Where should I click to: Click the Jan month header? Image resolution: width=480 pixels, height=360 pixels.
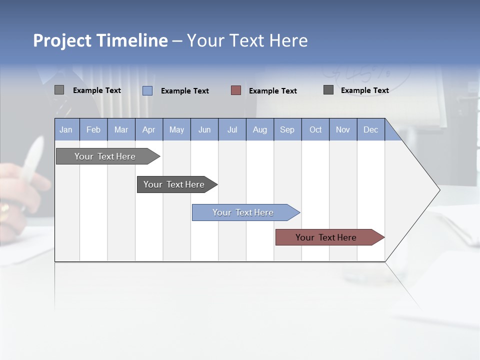point(66,129)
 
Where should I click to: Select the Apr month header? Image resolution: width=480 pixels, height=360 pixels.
point(149,129)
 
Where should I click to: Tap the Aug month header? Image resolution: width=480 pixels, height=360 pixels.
point(260,129)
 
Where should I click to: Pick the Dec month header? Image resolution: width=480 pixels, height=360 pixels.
point(371,129)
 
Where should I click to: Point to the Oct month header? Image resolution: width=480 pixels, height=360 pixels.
point(315,129)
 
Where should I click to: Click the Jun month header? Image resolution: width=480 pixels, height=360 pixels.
point(204,129)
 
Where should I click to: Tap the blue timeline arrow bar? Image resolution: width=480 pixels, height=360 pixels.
point(243,212)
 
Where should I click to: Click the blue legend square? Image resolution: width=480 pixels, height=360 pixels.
point(147,90)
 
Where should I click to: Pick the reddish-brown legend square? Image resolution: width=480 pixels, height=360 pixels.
point(236,90)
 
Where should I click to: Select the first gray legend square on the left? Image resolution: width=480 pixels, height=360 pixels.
point(59,90)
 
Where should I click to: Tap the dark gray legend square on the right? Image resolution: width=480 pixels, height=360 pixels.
point(328,90)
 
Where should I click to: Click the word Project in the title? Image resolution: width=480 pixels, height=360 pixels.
point(62,40)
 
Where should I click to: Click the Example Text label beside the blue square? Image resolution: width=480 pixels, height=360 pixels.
point(185,91)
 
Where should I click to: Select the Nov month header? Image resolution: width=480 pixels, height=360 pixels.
point(343,129)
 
